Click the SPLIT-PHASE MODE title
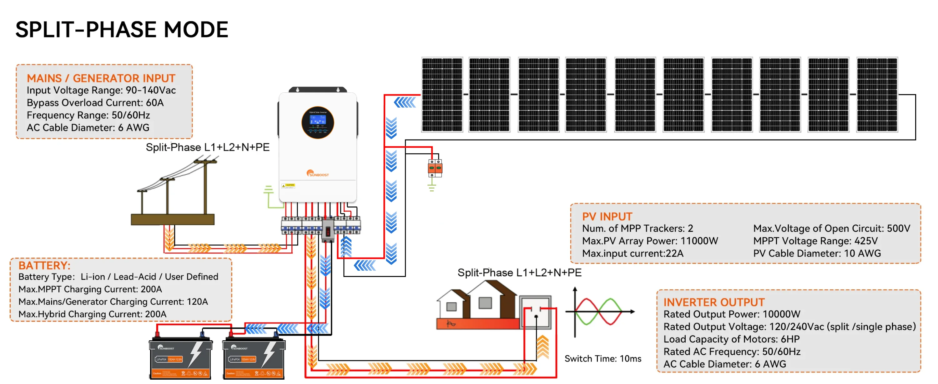pos(122,30)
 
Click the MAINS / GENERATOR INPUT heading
pos(101,78)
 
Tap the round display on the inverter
pos(318,123)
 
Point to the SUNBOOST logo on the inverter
pos(318,174)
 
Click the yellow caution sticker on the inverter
pos(288,186)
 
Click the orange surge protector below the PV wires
pos(435,168)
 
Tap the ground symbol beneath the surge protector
pos(432,188)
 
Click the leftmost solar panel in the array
pos(442,95)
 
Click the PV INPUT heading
pos(607,217)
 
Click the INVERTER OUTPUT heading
pos(714,302)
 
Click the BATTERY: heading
pos(44,265)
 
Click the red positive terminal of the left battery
pos(157,333)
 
